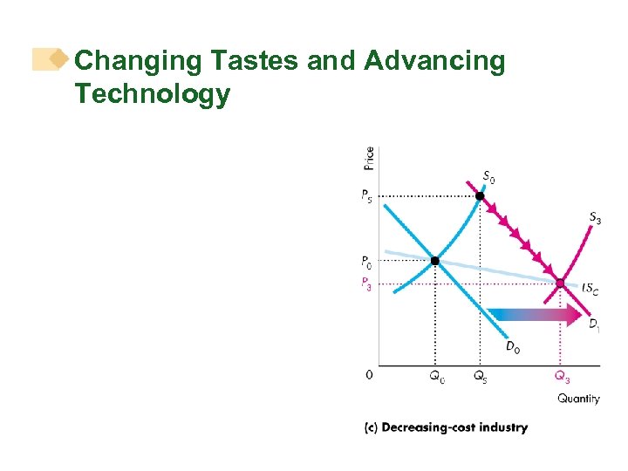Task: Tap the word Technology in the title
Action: click(x=153, y=93)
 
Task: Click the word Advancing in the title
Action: click(x=434, y=61)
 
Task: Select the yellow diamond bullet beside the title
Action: click(x=58, y=59)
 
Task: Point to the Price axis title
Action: click(x=369, y=159)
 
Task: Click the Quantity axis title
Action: click(x=578, y=399)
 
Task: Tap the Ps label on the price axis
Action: click(x=367, y=196)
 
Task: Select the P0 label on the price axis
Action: click(x=367, y=261)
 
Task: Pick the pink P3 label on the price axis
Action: click(x=367, y=283)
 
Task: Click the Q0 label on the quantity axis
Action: click(x=435, y=377)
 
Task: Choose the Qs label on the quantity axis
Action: click(x=481, y=377)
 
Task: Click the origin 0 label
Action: click(x=369, y=375)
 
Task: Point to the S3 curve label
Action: click(x=593, y=218)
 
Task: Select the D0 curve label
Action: click(x=513, y=348)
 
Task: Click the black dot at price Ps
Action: click(x=479, y=196)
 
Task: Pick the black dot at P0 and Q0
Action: click(x=435, y=260)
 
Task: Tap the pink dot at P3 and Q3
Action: click(x=561, y=283)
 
